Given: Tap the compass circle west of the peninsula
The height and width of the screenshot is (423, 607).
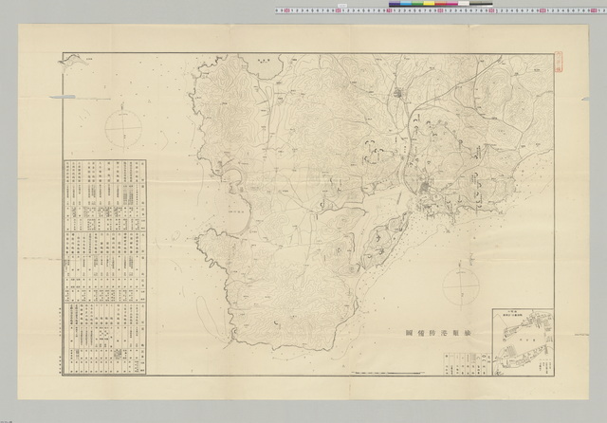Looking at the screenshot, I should click(x=121, y=129).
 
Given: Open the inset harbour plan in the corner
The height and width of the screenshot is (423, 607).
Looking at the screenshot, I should click(x=522, y=343).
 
